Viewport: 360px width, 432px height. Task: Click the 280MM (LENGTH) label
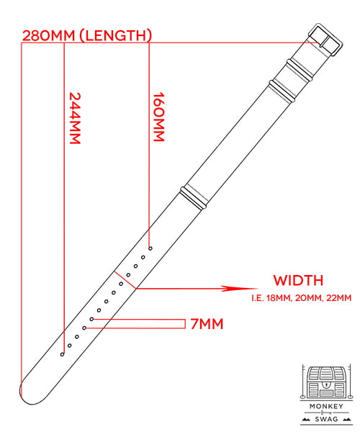87,35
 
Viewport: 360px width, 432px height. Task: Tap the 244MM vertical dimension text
75,118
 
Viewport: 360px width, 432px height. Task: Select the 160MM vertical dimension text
158,117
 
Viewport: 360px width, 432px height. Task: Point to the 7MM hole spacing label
207,324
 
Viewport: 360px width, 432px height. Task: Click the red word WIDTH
298,281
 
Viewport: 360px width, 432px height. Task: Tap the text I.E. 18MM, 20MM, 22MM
302,298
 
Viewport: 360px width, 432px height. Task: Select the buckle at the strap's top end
325,40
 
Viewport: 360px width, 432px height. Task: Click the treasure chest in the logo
326,382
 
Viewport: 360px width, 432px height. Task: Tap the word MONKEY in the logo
326,406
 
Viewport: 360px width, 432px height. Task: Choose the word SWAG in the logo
326,419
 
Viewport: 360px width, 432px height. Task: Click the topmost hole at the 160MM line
150,248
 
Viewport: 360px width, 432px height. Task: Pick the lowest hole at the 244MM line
62,354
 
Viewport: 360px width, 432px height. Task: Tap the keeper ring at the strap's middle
194,199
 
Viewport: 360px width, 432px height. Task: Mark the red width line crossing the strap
125,280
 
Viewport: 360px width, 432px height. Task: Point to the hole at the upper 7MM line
91,319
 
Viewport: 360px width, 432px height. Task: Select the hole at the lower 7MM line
84,328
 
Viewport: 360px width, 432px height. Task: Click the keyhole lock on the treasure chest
326,384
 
